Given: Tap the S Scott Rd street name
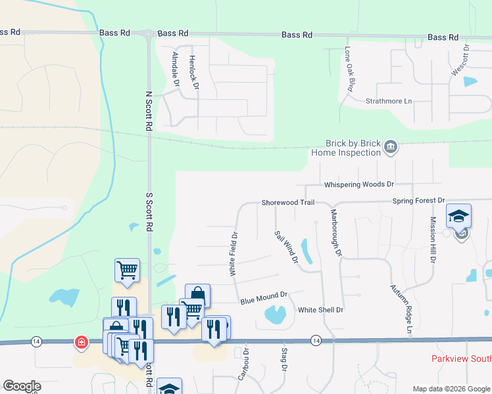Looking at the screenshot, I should pyautogui.click(x=149, y=211).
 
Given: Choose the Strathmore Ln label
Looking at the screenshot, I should pyautogui.click(x=389, y=101).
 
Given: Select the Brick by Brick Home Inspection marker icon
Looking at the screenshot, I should pyautogui.click(x=391, y=146).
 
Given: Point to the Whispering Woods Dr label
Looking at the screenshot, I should pyautogui.click(x=359, y=185).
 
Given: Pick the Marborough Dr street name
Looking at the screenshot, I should pyautogui.click(x=336, y=232).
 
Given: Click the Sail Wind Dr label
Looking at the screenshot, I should pyautogui.click(x=286, y=247).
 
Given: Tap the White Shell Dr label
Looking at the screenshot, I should pyautogui.click(x=321, y=310).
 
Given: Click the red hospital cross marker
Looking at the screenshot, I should pyautogui.click(x=81, y=342).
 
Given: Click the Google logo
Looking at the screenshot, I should pyautogui.click(x=22, y=386).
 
